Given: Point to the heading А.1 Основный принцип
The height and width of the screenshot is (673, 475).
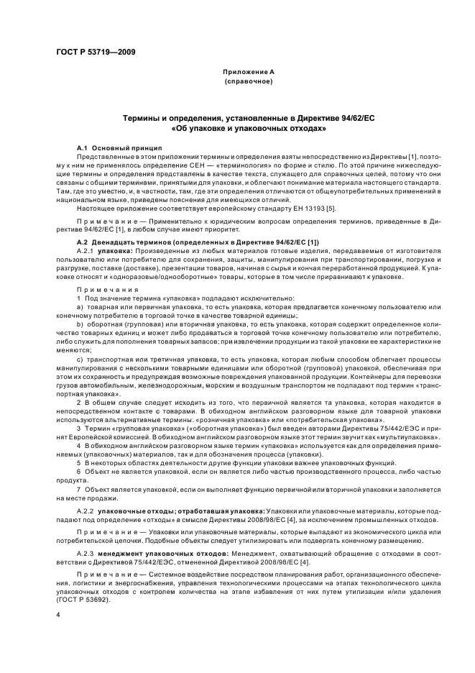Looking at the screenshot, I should pos(109,146).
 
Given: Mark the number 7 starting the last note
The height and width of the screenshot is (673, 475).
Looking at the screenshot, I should pos(78,489).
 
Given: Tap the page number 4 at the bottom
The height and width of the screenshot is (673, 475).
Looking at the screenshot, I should pos(58,615).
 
